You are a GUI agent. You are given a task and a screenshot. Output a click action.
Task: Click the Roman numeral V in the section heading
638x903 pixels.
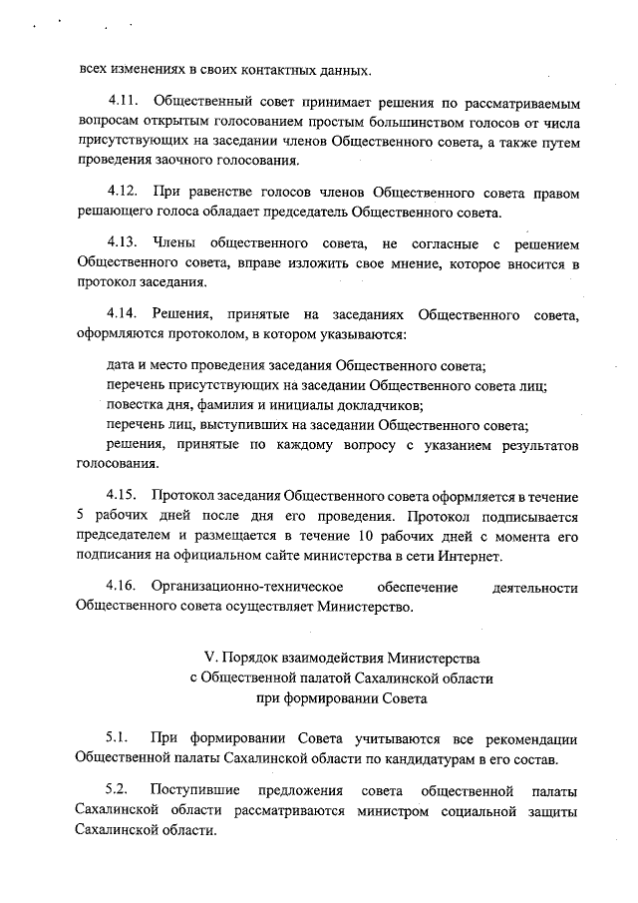pos(209,658)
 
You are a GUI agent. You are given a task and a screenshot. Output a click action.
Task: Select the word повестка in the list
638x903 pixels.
pos(137,404)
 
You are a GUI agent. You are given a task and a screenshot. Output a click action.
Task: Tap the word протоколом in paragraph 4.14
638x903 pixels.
pos(197,334)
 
